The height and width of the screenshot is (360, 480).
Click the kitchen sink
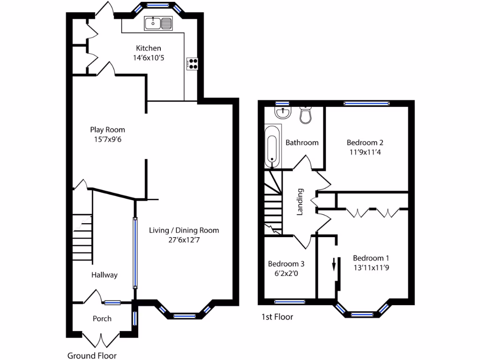pyautogui.click(x=159, y=22)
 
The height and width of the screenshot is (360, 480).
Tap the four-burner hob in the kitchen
pyautogui.click(x=193, y=64)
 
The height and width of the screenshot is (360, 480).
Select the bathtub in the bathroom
pyautogui.click(x=272, y=146)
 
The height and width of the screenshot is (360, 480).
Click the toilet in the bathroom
pyautogui.click(x=306, y=115)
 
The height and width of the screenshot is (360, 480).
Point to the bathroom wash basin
pyautogui.click(x=283, y=112)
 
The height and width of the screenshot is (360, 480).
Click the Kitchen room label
pyautogui.click(x=148, y=48)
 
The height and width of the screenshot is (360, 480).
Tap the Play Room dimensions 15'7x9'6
pyautogui.click(x=107, y=139)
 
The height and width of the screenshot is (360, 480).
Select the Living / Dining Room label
pyautogui.click(x=184, y=230)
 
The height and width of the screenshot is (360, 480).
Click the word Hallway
pyautogui.click(x=104, y=275)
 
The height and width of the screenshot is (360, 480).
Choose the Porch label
pyautogui.click(x=102, y=319)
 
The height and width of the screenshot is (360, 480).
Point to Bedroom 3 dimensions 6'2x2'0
pyautogui.click(x=283, y=273)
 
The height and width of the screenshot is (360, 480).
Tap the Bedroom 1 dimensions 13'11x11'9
pyautogui.click(x=371, y=268)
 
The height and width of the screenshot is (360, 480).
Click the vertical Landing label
pyautogui.click(x=300, y=202)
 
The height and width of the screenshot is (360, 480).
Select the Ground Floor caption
pyautogui.click(x=92, y=355)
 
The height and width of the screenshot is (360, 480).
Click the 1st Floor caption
pyautogui.click(x=277, y=317)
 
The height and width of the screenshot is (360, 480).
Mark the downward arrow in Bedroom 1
pyautogui.click(x=334, y=264)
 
